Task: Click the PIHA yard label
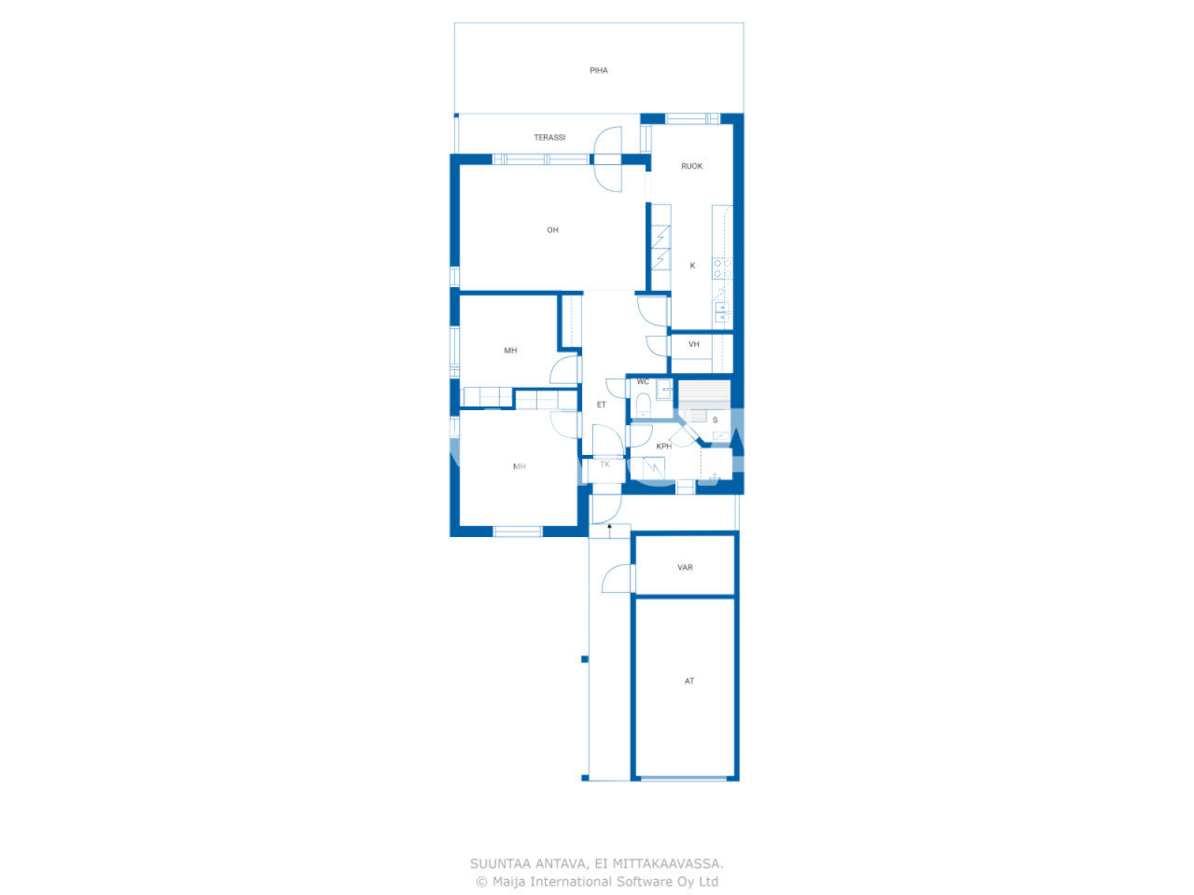[599, 71]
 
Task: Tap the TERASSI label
[549, 138]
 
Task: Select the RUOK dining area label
[692, 167]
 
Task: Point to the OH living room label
[553, 230]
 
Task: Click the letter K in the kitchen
[692, 266]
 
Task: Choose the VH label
[694, 345]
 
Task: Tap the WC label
[643, 382]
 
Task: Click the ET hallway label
[602, 405]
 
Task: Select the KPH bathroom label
[664, 447]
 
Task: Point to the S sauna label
[715, 420]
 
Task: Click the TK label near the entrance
[605, 464]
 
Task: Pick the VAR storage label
[686, 568]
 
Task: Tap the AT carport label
[689, 682]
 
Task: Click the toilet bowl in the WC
[643, 404]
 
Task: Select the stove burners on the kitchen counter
[722, 268]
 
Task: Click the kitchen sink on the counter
[722, 311]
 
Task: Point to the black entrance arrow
[610, 530]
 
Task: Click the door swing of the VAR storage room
[616, 580]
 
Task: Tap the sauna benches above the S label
[703, 391]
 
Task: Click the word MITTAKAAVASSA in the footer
[667, 864]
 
